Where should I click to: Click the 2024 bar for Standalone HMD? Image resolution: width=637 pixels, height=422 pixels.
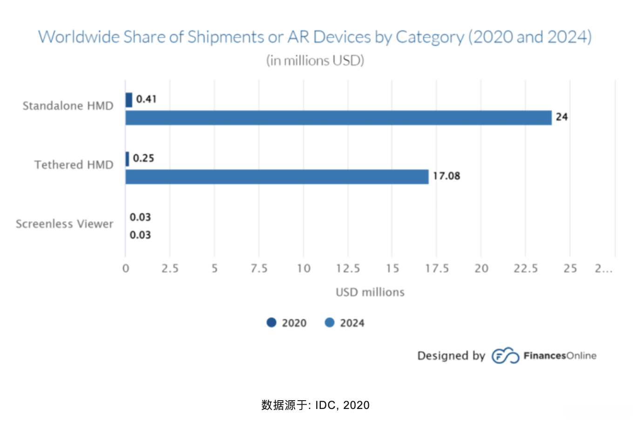tap(338, 118)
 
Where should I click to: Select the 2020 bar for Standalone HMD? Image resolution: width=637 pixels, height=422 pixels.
tap(129, 100)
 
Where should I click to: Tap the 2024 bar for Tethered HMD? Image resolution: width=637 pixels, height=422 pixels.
tap(277, 177)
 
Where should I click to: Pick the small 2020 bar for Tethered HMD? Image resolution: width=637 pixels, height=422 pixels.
tap(127, 159)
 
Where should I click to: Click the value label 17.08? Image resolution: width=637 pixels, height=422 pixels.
tap(446, 176)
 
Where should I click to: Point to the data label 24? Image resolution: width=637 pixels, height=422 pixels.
tap(562, 117)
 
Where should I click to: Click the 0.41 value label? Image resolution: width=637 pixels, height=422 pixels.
tap(146, 99)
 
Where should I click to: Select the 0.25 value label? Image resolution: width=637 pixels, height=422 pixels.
tap(143, 158)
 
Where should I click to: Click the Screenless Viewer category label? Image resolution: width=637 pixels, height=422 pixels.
tap(65, 224)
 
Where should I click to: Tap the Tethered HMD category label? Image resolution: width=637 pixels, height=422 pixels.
tap(74, 165)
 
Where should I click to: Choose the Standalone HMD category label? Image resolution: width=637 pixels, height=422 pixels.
tap(68, 106)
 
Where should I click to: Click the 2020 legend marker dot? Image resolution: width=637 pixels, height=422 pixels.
tap(271, 323)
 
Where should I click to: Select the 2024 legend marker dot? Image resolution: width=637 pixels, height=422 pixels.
tap(330, 323)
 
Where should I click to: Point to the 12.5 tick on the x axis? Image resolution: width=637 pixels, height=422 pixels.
tap(348, 269)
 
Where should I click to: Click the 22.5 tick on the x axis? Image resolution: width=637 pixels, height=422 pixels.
tap(526, 269)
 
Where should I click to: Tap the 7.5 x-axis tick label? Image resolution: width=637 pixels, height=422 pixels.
tap(259, 269)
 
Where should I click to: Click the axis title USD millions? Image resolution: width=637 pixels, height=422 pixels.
tap(370, 292)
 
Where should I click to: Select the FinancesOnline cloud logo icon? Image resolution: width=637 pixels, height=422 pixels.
tap(505, 356)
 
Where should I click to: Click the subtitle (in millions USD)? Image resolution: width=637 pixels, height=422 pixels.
tap(315, 61)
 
